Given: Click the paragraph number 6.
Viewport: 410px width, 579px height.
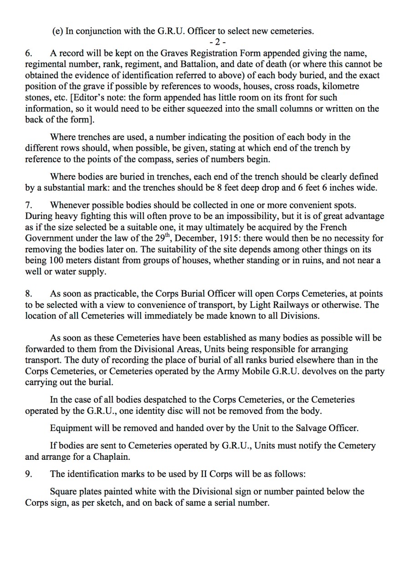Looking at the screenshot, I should (28, 53).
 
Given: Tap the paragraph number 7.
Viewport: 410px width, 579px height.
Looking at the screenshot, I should (28, 205).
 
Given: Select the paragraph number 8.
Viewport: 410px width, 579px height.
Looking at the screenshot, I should (28, 294).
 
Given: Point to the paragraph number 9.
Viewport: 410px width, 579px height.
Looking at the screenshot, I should (28, 474).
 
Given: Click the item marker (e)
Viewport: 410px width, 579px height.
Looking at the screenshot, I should (58, 31).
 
